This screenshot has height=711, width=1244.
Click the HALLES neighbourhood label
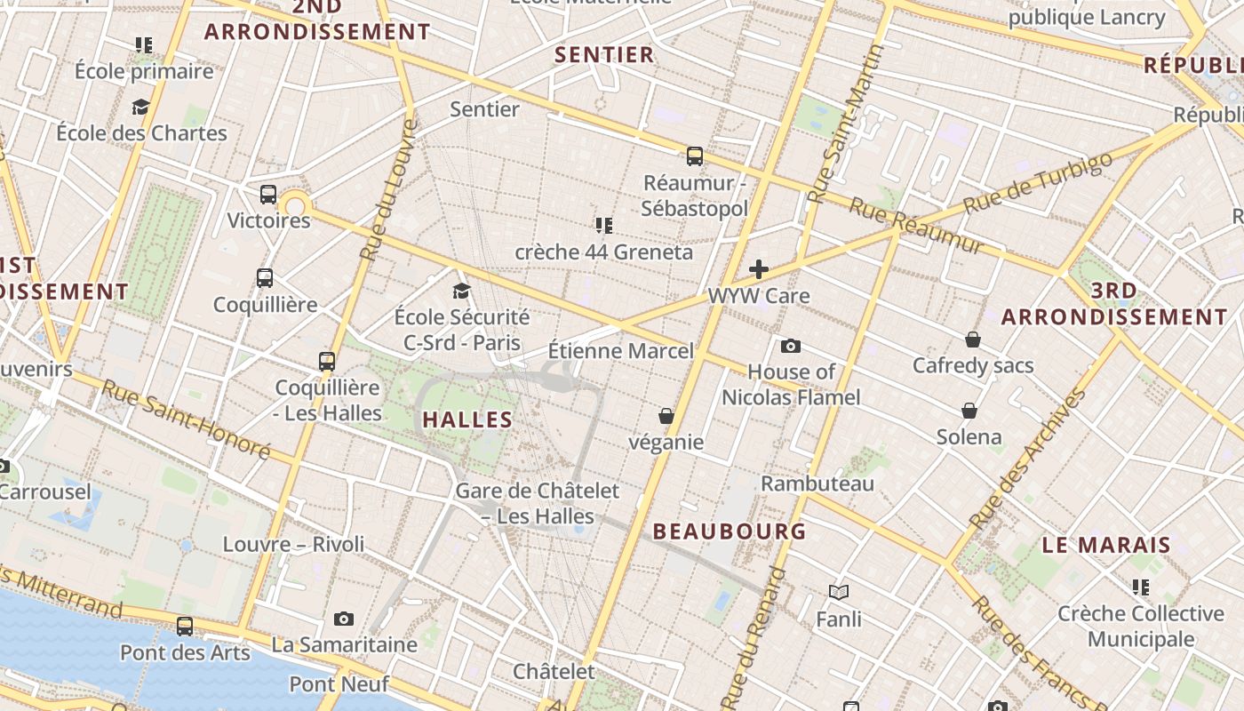[x=467, y=419]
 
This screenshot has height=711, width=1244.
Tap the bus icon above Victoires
[x=268, y=195]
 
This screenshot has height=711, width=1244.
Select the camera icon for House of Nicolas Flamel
[x=790, y=346]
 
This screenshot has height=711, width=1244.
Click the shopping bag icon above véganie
[x=666, y=416]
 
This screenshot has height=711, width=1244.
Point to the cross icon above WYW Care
[x=759, y=268]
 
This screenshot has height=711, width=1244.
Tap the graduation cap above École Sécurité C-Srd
[x=461, y=291]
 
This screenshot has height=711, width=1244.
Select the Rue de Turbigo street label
[x=1037, y=182]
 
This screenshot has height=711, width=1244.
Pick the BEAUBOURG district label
[x=730, y=531]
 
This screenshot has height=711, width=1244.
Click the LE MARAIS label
[x=1106, y=545]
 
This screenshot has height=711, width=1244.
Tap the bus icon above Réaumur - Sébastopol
[x=695, y=156]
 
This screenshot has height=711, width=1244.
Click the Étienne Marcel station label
[x=620, y=351]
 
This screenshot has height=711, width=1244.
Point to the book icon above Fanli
[x=839, y=592]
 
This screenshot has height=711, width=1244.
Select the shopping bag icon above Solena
[x=969, y=411]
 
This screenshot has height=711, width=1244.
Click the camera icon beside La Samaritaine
[x=344, y=619]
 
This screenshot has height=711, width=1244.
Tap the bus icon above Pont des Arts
[x=185, y=626]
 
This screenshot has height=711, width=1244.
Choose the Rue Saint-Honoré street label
[x=186, y=419]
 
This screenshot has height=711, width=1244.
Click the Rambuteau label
[x=817, y=483]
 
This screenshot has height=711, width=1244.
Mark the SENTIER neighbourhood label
[x=604, y=54]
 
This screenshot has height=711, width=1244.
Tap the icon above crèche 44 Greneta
[x=604, y=226]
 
